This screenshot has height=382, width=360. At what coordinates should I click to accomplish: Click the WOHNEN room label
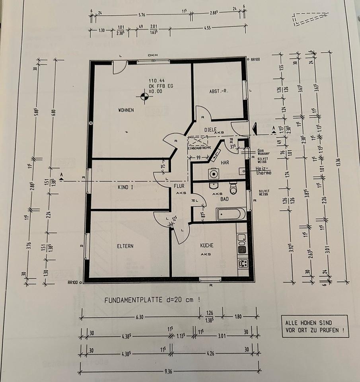[x=126, y=110]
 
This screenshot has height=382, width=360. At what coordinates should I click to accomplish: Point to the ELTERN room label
[x=125, y=246]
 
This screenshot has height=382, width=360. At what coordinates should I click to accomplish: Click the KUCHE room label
[x=207, y=246]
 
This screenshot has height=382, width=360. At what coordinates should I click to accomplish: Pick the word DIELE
[x=210, y=129]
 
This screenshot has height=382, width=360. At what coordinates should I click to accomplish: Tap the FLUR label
[x=178, y=186]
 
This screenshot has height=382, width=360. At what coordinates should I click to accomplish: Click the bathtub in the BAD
[x=231, y=214]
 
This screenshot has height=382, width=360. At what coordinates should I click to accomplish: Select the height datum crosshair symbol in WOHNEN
[x=143, y=95]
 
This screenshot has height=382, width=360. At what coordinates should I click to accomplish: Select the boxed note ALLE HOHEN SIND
[x=314, y=326]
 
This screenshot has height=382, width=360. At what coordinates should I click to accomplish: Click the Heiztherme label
[x=263, y=171]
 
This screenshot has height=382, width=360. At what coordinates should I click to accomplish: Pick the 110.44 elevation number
[x=156, y=80]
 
